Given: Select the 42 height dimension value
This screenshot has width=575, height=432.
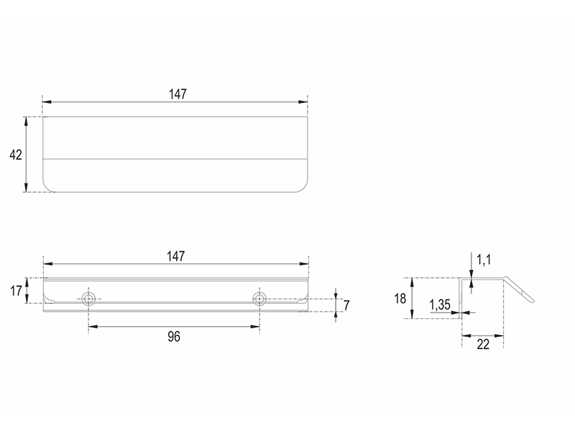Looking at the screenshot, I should tap(15, 155).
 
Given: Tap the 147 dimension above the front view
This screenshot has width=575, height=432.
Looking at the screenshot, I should tap(176, 256).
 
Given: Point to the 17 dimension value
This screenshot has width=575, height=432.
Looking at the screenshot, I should tap(14, 291).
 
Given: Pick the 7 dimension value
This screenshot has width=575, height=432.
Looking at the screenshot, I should tap(346, 305).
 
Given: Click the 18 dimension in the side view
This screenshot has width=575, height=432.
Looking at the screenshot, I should tap(400, 298).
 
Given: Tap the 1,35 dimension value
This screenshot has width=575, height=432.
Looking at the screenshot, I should tap(439, 305).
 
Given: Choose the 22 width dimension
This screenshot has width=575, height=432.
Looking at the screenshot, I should tap(482, 344).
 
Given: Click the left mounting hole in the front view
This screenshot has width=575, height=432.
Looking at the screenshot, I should tap(88, 298).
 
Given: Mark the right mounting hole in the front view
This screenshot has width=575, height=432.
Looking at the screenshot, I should tap(259, 298).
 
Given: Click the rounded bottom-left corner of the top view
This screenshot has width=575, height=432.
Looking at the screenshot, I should tap(49, 186).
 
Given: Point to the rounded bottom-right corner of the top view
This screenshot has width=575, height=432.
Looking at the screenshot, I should tap(302, 186).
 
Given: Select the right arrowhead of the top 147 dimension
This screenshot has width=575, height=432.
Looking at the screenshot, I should tap(305, 102).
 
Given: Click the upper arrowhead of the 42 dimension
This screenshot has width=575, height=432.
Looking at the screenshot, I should tap(27, 120).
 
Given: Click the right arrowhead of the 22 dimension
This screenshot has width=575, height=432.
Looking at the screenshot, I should tap(501, 335).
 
